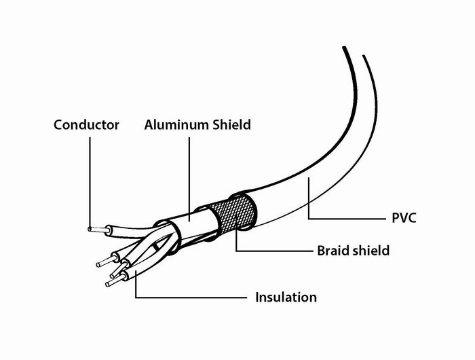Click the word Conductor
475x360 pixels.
[x=86, y=125]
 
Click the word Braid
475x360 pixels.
[x=333, y=251]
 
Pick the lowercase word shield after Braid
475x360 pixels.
[x=370, y=251]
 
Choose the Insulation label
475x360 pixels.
[x=286, y=298]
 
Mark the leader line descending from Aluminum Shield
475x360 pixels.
[x=189, y=177]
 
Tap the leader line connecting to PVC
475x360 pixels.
[x=339, y=219]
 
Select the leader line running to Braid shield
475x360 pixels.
[x=271, y=251]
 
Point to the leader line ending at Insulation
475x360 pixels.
[x=190, y=298]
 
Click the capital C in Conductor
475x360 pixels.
[x=58, y=125]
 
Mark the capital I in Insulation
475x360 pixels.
[x=257, y=298]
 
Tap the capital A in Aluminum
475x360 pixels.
[x=149, y=125]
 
